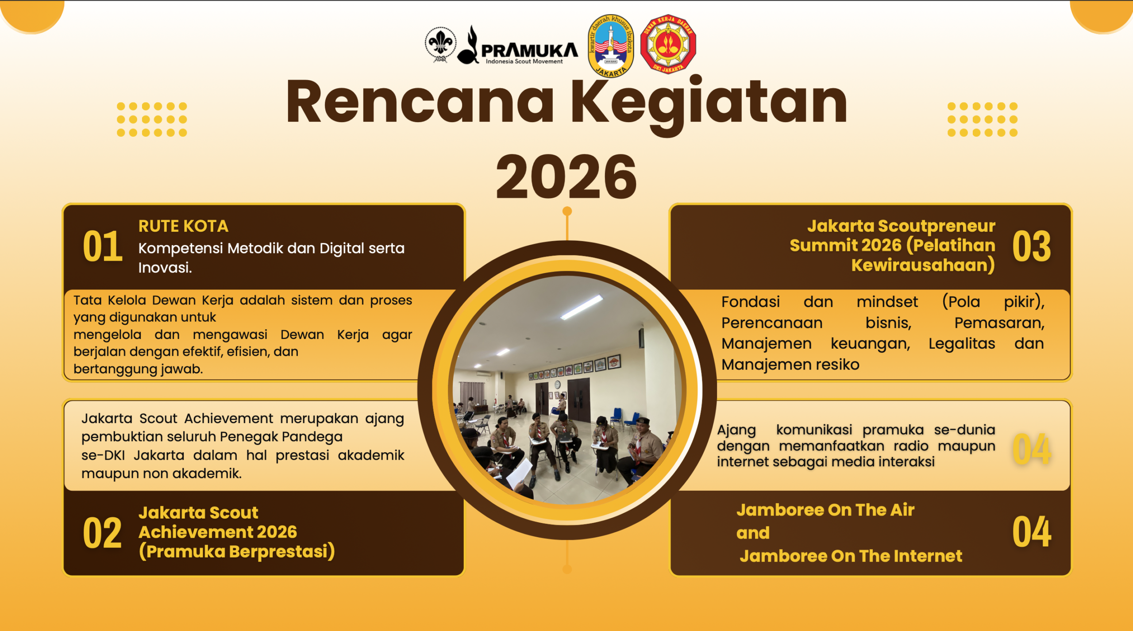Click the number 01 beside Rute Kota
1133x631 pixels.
[103, 246]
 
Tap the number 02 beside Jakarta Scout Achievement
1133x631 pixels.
[102, 533]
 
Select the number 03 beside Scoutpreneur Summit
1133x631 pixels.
[1032, 246]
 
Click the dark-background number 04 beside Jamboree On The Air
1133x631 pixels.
[1032, 531]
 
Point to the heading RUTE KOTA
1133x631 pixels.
[183, 226]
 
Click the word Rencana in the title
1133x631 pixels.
[420, 101]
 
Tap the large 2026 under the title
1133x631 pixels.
[566, 177]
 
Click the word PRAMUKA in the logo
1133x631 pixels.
[529, 50]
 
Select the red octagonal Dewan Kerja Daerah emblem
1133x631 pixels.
[668, 44]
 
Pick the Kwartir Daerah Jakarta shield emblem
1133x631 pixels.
[611, 46]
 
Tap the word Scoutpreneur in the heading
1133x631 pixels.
[936, 226]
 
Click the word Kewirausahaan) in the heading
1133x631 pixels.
[923, 265]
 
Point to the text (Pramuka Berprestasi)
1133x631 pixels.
[237, 552]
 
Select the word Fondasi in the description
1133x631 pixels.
[751, 302]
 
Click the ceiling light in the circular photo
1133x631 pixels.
[582, 307]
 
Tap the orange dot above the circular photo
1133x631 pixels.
[567, 211]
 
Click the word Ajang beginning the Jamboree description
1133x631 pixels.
[736, 430]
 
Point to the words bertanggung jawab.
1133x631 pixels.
[138, 369]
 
